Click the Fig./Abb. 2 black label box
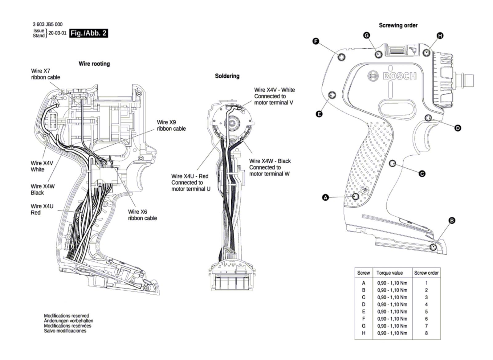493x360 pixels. click(x=89, y=33)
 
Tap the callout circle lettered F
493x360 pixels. click(x=316, y=41)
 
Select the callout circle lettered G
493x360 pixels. click(x=367, y=35)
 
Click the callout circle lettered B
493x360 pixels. click(x=452, y=220)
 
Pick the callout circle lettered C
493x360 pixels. click(x=422, y=174)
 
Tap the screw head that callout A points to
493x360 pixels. click(x=356, y=196)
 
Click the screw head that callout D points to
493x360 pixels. click(x=428, y=118)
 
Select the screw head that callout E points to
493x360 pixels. click(x=332, y=95)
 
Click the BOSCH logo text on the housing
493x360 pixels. click(x=400, y=76)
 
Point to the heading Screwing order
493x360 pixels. click(x=398, y=25)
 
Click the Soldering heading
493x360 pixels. click(x=227, y=76)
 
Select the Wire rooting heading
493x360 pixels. click(x=94, y=63)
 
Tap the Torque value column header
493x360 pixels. click(x=389, y=273)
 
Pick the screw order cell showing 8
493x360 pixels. click(x=426, y=333)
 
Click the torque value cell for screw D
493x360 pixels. click(x=392, y=304)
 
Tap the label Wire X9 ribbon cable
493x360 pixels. click(x=171, y=125)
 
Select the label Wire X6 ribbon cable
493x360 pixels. click(x=142, y=215)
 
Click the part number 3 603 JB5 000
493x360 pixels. click(x=47, y=24)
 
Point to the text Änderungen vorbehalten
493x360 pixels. click(x=68, y=321)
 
